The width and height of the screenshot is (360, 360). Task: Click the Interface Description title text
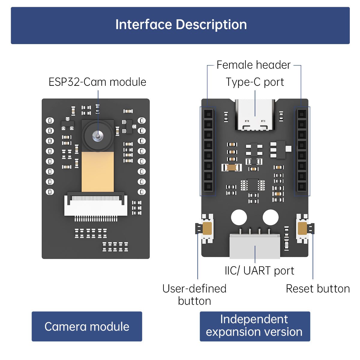(181, 25)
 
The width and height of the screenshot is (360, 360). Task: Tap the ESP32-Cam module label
(97, 82)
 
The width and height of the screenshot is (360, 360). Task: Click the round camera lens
(98, 136)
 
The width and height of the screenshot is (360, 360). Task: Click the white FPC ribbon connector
(96, 206)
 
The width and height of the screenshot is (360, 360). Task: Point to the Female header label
(253, 65)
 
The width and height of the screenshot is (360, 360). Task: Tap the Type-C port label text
(255, 82)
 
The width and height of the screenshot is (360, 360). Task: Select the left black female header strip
(208, 151)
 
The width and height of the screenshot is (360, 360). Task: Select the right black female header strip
(302, 151)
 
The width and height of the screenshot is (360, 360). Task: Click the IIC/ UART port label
(259, 271)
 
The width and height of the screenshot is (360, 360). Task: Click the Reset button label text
(318, 289)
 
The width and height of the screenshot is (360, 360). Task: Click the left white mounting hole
(239, 217)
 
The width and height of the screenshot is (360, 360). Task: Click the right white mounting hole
(271, 217)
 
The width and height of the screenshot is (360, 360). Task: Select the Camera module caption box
(87, 326)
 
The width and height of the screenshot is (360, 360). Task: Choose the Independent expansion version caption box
(255, 326)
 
